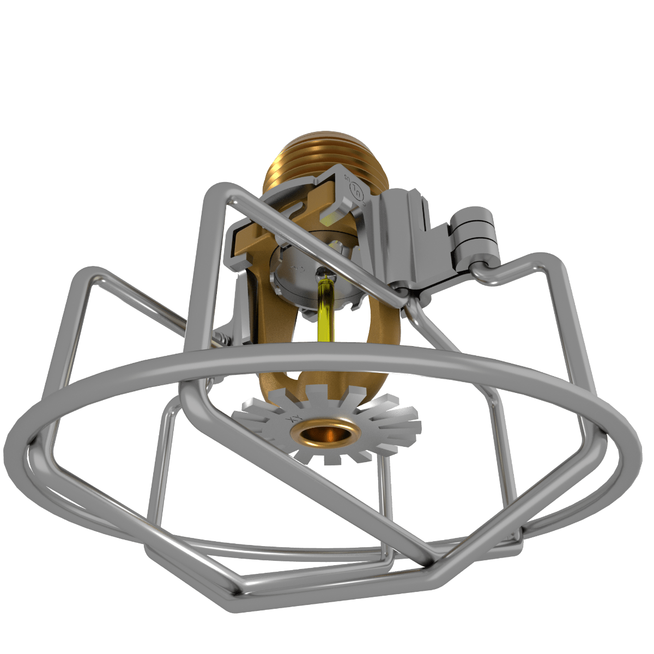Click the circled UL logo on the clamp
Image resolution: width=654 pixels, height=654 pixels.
tap(358, 190)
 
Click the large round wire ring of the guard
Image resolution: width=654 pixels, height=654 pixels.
tap(327, 357)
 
